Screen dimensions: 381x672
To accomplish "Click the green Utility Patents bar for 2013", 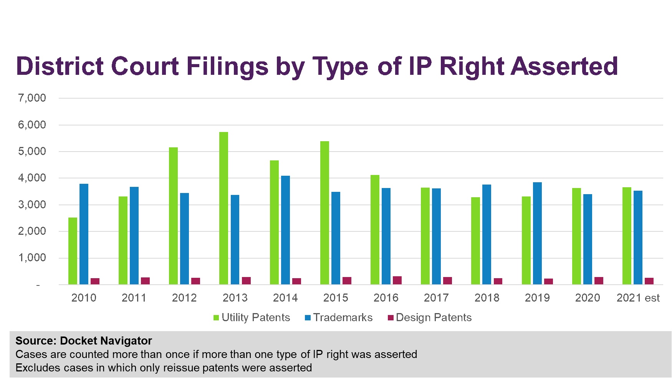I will [223, 208].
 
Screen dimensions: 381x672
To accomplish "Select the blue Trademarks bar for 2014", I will [285, 230].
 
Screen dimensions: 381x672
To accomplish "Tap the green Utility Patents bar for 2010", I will [73, 251].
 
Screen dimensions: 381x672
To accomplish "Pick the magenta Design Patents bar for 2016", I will [397, 280].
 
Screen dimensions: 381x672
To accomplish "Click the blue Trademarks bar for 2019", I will [537, 233].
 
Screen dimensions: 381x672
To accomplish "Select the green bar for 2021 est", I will [627, 236].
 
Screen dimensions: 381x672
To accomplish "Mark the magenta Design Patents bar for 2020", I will [599, 281].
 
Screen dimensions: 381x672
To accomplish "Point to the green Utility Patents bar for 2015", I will [324, 213].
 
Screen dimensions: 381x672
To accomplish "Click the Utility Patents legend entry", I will [252, 318].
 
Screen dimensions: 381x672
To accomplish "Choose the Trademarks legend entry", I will [339, 318].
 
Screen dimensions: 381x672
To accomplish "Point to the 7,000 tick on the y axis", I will [32, 98].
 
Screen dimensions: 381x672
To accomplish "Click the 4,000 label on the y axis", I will [32, 178].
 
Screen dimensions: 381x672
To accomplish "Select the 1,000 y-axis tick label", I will [32, 258].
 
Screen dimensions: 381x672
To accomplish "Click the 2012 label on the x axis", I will [184, 298].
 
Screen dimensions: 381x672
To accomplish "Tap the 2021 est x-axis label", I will [638, 298].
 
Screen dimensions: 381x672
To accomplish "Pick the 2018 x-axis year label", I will [487, 298].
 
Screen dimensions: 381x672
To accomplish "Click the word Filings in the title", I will [227, 66].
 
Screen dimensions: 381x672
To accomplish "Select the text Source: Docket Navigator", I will [84, 341].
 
